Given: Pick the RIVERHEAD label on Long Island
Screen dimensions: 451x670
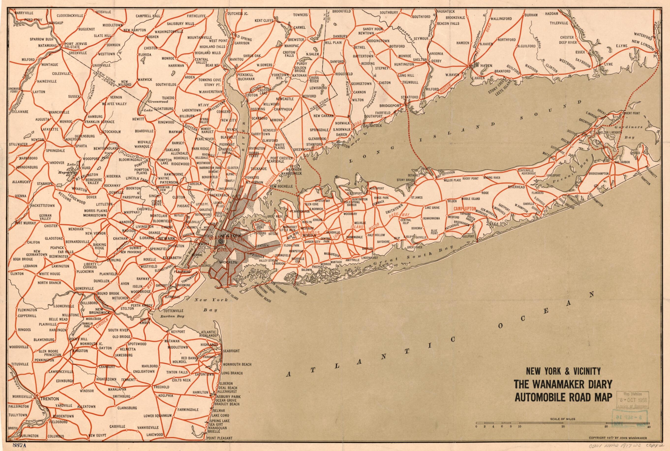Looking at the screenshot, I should (516, 187).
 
